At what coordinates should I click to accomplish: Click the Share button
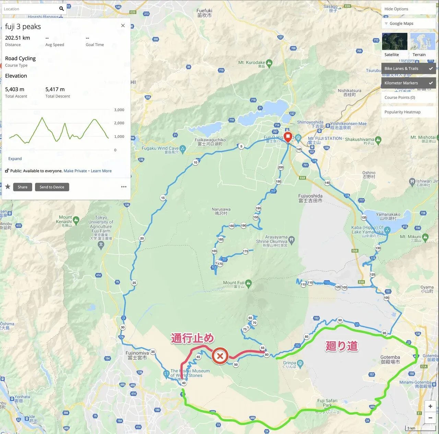(x=23, y=187)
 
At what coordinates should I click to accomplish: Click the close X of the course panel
(x=123, y=25)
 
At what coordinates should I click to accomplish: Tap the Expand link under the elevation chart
(x=15, y=159)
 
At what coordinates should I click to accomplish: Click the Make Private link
(x=75, y=171)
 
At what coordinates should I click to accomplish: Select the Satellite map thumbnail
(x=394, y=42)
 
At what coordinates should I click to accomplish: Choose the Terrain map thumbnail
(x=423, y=42)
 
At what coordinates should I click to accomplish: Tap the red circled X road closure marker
(x=220, y=356)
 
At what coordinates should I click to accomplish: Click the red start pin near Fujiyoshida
(x=288, y=137)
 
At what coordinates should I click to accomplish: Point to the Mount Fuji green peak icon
(x=249, y=283)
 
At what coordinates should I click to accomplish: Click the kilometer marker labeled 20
(x=142, y=238)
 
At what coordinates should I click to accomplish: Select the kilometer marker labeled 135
(x=364, y=217)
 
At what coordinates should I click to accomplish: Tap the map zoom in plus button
(x=430, y=406)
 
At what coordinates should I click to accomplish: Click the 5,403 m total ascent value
(x=15, y=89)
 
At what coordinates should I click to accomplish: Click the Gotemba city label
(x=390, y=359)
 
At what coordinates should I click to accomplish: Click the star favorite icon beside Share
(x=8, y=187)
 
